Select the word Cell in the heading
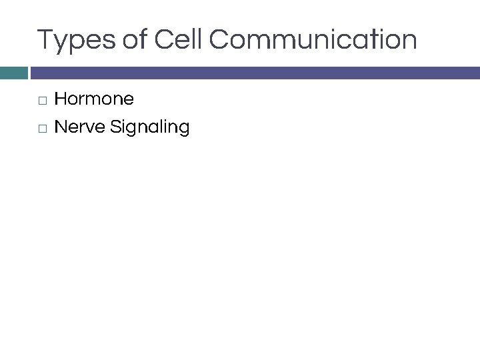(x=178, y=40)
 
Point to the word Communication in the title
(x=313, y=40)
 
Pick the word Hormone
(x=94, y=99)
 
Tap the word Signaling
(x=151, y=127)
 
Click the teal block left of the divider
(x=13, y=73)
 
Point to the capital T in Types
(x=45, y=40)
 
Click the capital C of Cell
(x=164, y=40)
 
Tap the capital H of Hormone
(x=60, y=99)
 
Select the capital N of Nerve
(x=60, y=127)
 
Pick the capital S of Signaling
(x=116, y=127)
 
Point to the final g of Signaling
(x=184, y=129)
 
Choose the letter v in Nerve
(x=90, y=127)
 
